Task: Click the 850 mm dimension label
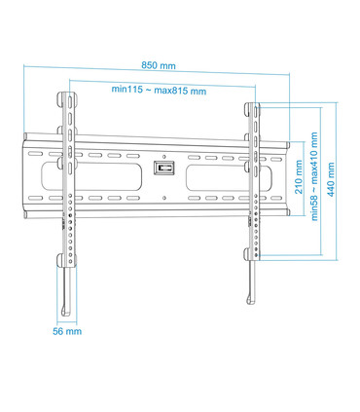159,65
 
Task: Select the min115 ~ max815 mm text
159,90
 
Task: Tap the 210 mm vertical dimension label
299,177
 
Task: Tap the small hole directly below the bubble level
162,197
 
